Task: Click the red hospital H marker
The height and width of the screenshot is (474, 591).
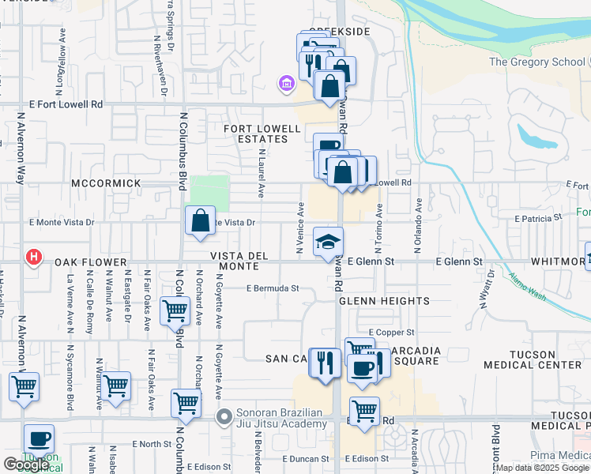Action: click(33, 257)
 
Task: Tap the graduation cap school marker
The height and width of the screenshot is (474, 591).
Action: click(329, 242)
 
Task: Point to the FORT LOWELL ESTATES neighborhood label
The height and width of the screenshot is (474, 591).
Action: click(262, 134)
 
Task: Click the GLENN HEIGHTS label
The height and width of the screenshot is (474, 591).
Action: click(385, 301)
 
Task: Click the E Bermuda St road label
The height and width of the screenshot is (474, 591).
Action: click(273, 288)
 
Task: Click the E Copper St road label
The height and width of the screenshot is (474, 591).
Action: click(391, 333)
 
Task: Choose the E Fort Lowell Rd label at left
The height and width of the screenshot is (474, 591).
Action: click(66, 104)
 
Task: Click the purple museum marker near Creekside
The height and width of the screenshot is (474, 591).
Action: click(286, 82)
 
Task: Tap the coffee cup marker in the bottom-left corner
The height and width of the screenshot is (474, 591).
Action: click(39, 439)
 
